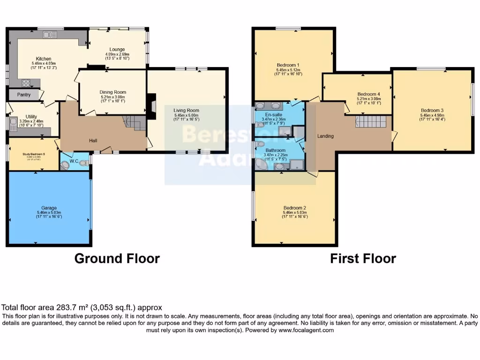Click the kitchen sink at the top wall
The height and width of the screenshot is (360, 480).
(49, 35)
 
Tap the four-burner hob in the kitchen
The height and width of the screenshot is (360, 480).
(26, 83)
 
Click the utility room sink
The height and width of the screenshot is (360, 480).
(13, 124)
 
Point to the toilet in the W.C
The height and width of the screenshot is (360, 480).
(83, 163)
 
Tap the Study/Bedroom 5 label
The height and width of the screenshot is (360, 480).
(34, 154)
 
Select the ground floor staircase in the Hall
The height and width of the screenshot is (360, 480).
(133, 123)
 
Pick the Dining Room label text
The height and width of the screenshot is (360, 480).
(112, 92)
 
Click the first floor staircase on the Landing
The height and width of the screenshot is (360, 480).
(370, 122)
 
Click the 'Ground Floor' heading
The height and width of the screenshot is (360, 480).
(117, 258)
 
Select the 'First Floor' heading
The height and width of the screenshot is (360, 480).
(363, 258)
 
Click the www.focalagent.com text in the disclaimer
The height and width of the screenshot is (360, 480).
(306, 330)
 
